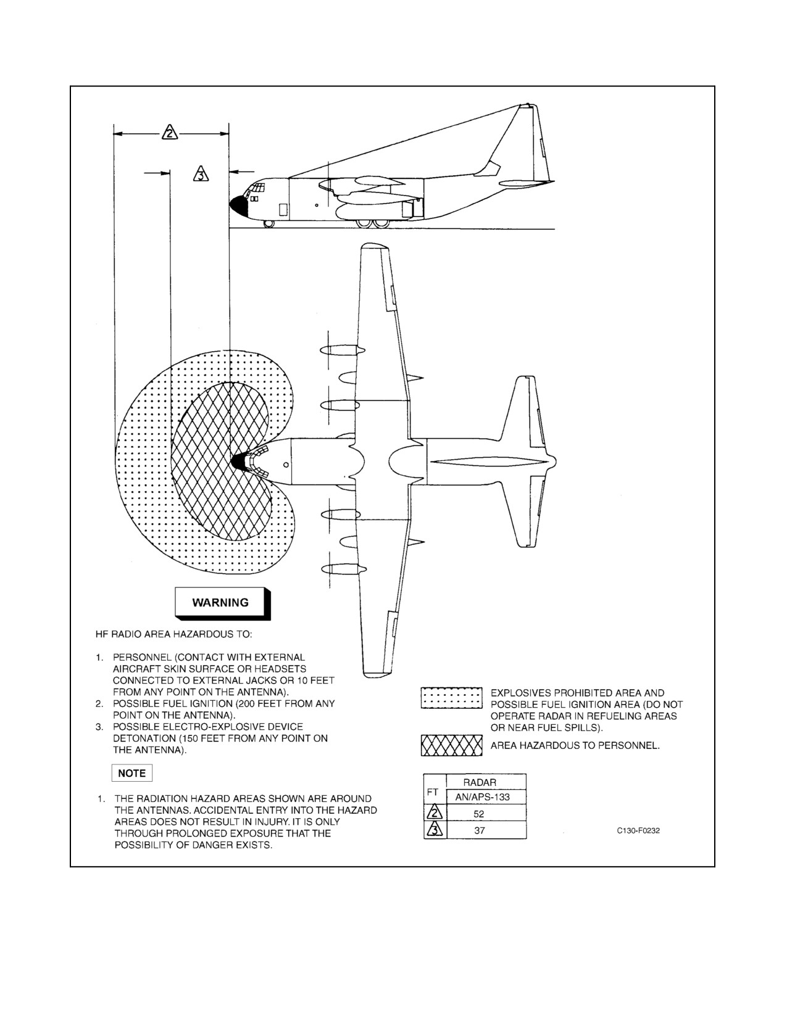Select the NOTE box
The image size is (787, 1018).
[x=131, y=773]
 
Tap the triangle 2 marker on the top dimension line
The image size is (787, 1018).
[x=170, y=133]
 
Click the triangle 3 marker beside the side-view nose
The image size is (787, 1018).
[x=201, y=174]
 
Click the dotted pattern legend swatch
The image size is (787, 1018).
[x=451, y=698]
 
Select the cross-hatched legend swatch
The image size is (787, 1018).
[x=451, y=745]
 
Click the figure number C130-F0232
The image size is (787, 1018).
[x=638, y=830]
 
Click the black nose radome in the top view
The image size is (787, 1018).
[x=239, y=462]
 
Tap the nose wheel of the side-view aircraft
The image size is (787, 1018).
[x=269, y=224]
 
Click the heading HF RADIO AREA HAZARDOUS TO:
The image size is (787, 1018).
[x=174, y=634]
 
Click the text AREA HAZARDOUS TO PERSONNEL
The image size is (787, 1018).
[x=575, y=745]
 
